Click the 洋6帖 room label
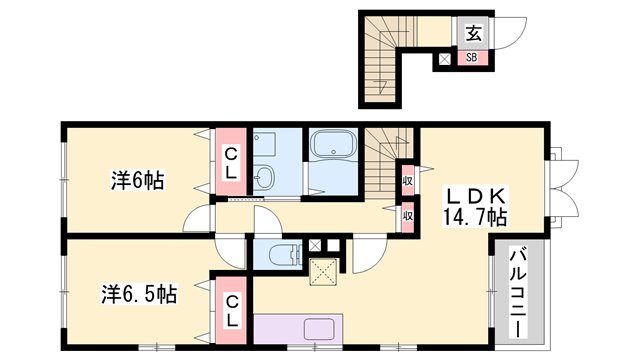pyautogui.click(x=137, y=181)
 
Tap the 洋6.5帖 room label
pyautogui.click(x=138, y=295)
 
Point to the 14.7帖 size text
pyautogui.click(x=474, y=215)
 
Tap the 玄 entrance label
pyautogui.click(x=473, y=33)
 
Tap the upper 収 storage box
pyautogui.click(x=408, y=180)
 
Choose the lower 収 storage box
pyautogui.click(x=408, y=214)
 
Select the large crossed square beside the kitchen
pyautogui.click(x=325, y=270)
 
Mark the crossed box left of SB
pyautogui.click(x=445, y=59)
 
